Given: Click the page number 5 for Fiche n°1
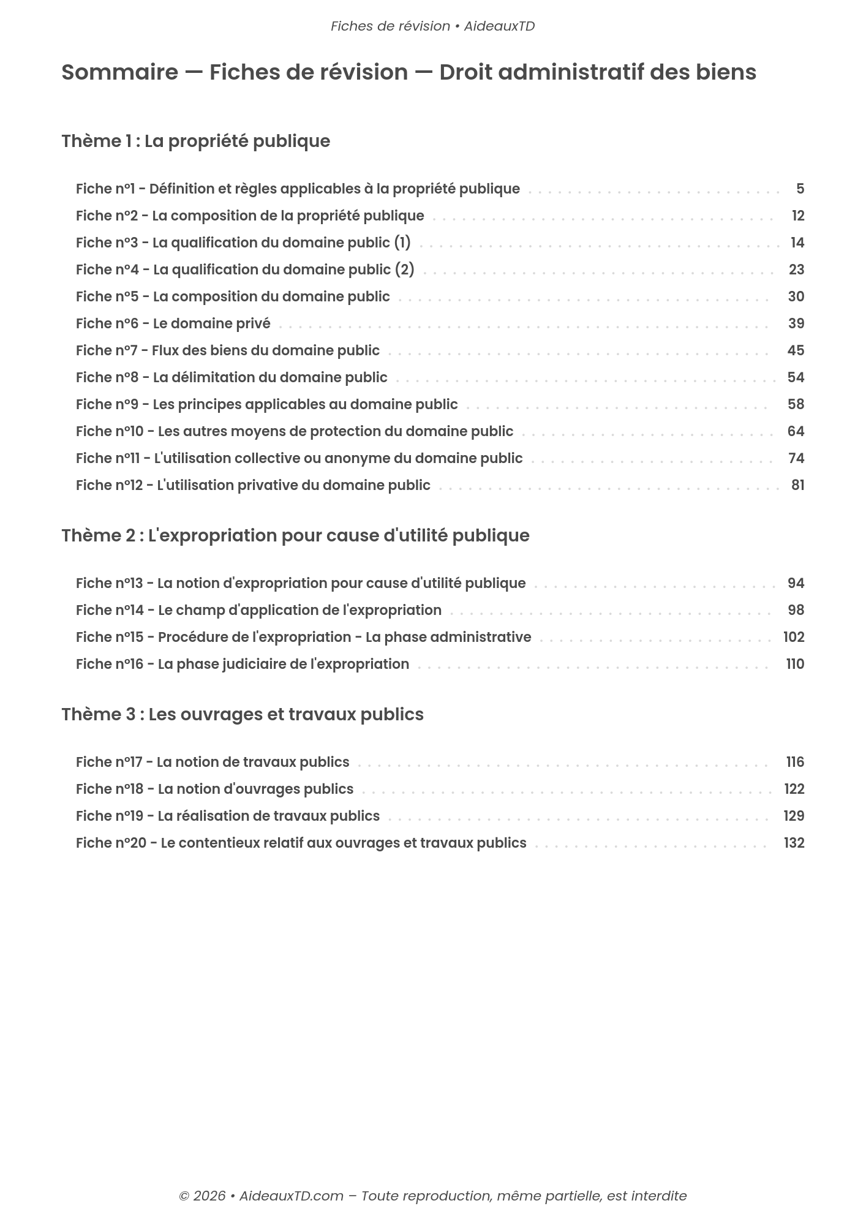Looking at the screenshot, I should [x=800, y=189].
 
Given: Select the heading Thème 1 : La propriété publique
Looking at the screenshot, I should [x=195, y=141].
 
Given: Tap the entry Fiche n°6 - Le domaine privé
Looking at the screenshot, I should [x=173, y=323].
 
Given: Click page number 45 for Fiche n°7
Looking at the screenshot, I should [x=795, y=350].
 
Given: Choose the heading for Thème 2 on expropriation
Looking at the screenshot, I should [x=295, y=535].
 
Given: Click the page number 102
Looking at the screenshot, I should [x=793, y=637].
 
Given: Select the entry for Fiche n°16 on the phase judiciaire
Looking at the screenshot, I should [x=242, y=664].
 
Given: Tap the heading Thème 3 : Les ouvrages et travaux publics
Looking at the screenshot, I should [x=242, y=714].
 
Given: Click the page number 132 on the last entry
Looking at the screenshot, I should [x=794, y=843].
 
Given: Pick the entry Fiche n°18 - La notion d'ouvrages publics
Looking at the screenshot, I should [x=214, y=789].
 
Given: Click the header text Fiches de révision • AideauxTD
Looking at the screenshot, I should [x=432, y=26].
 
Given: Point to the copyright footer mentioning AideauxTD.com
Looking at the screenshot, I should [x=432, y=1196].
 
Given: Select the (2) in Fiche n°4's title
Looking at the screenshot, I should [x=404, y=269].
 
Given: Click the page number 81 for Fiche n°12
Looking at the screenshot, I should [x=797, y=485].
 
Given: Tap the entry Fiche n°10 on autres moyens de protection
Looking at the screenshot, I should [x=294, y=431].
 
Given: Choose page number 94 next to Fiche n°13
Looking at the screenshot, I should [x=795, y=583].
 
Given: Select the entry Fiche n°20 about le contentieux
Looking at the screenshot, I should [x=301, y=843].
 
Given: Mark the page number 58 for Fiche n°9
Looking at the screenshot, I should [x=795, y=404].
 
